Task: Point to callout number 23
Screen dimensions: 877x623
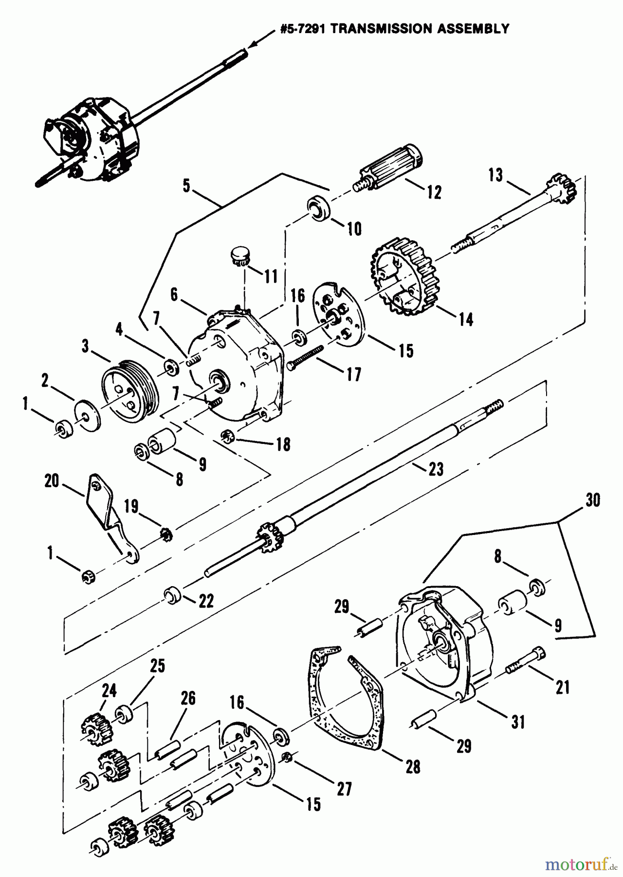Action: click(436, 469)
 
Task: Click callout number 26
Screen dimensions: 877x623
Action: click(188, 699)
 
